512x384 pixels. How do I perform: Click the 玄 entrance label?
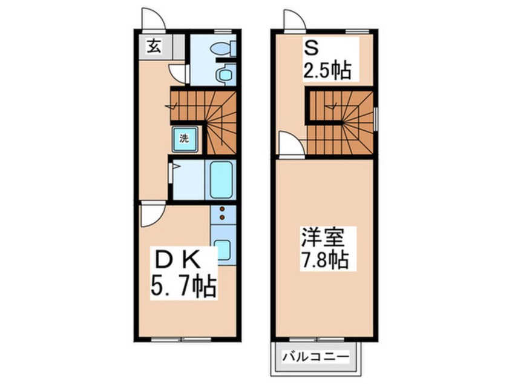coord(154,47)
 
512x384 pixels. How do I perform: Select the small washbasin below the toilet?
coord(224,74)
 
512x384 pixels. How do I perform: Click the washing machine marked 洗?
coord(185,139)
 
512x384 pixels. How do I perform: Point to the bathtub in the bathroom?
coord(221,180)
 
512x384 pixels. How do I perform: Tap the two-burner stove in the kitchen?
coord(223,213)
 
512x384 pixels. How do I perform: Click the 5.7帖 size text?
coord(183,286)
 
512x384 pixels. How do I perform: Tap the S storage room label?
coord(312,48)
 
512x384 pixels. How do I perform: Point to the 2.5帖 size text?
coord(327,70)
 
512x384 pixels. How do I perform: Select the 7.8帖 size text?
coord(324,259)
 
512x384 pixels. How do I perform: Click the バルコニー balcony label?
coord(316,356)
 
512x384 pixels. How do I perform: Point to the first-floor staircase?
coord(205,122)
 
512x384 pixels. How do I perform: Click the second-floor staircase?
coord(341,122)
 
